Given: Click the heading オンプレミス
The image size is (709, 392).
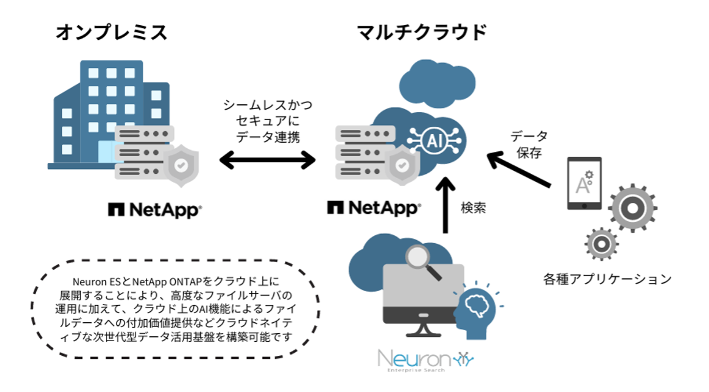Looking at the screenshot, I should pyautogui.click(x=111, y=32).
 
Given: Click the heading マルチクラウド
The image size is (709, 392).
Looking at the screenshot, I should pyautogui.click(x=422, y=32).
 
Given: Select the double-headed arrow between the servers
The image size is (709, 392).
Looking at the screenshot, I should pyautogui.click(x=267, y=161).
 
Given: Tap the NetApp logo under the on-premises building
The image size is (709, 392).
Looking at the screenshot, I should pyautogui.click(x=154, y=209).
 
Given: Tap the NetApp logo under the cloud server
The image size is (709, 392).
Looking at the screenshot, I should pyautogui.click(x=373, y=208).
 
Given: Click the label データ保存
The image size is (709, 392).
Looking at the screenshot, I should pyautogui.click(x=529, y=145).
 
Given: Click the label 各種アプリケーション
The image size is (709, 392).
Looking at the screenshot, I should pyautogui.click(x=607, y=279).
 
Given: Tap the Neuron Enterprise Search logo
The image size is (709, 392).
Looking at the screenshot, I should pyautogui.click(x=425, y=359).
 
